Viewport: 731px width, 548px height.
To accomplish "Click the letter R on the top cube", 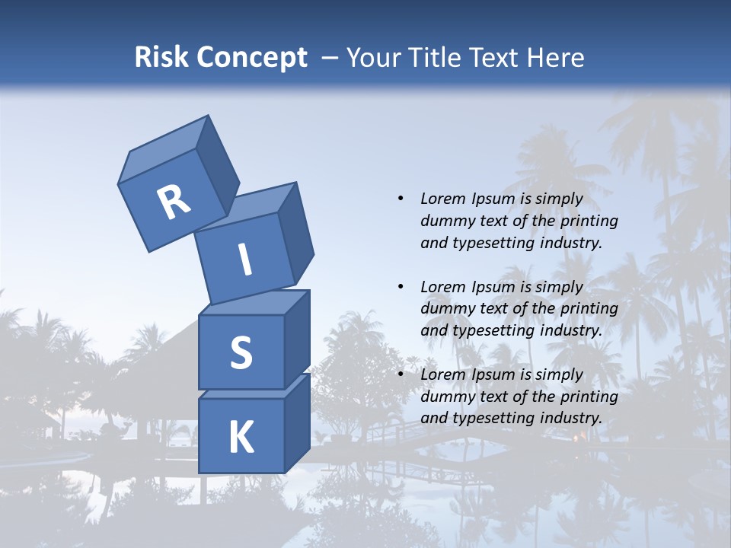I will point(174,202).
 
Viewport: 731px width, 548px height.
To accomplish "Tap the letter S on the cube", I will point(241,352).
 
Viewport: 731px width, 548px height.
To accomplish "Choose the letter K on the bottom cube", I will point(241,437).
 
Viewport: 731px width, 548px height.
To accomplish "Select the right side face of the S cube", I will point(297,339).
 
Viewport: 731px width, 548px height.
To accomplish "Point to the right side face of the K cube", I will point(297,422).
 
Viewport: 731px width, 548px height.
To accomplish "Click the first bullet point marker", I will point(401,199).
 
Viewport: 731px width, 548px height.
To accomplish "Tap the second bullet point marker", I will point(401,287).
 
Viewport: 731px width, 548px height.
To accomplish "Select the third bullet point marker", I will point(401,374).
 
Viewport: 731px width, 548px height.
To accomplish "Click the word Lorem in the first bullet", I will point(443,199).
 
